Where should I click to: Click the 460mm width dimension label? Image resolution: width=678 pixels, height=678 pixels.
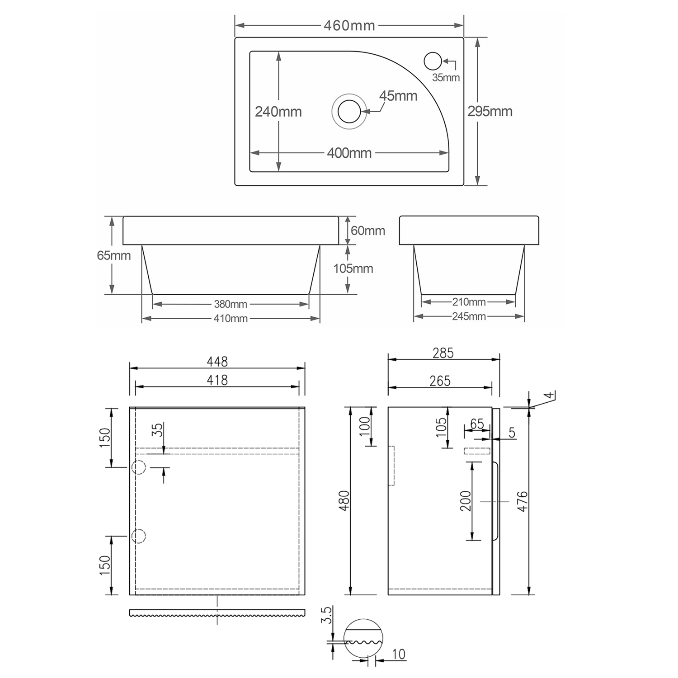[x=349, y=26]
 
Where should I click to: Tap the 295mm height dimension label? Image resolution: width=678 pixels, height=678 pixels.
[x=490, y=111]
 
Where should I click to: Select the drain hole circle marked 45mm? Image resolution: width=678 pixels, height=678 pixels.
[x=349, y=111]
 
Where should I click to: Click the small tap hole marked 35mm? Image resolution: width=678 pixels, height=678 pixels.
[x=433, y=61]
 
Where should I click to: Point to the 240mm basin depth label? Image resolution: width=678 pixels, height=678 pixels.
[x=278, y=112]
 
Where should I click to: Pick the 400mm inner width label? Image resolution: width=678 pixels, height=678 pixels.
[x=349, y=153]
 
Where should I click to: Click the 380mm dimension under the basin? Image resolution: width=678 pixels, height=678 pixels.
[x=231, y=304]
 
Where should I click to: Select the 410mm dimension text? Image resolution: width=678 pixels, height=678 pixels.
[x=231, y=319]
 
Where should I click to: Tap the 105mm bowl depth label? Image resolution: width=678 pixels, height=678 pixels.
[x=353, y=268]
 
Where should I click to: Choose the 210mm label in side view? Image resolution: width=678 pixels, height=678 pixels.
[x=469, y=302]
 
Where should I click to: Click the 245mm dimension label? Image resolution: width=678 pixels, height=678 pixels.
[x=469, y=316]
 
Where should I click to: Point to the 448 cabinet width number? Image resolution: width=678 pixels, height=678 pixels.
[x=217, y=362]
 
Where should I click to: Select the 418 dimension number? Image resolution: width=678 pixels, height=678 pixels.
[x=217, y=380]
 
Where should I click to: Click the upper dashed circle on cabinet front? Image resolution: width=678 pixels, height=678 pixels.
[x=138, y=467]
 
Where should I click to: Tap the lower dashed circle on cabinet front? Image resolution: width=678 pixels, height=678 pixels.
[x=138, y=536]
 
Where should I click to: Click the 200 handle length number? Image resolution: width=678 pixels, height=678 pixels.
[x=466, y=501]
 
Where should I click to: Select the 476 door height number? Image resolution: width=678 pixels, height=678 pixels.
[x=522, y=501]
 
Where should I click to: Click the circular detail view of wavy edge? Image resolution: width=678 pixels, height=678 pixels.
[x=363, y=638]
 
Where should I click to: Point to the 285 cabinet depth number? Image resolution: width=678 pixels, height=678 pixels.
[x=443, y=353]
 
